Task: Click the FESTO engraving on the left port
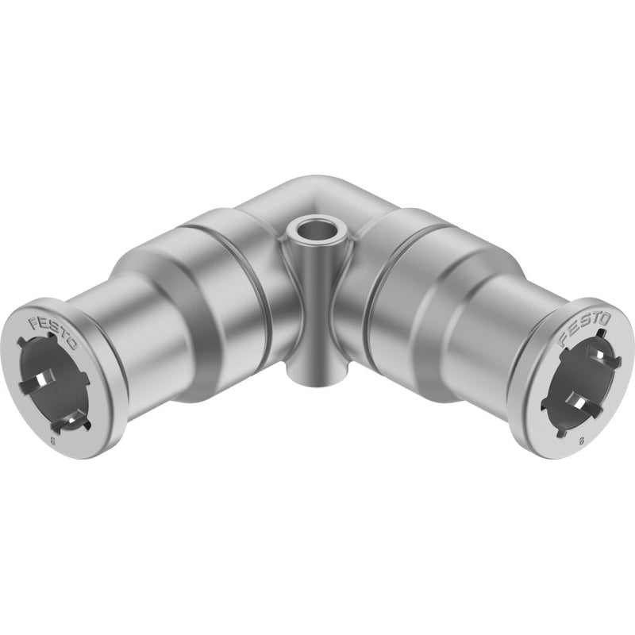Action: [52, 333]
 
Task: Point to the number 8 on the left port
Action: [53, 441]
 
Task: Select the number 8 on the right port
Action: [582, 441]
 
